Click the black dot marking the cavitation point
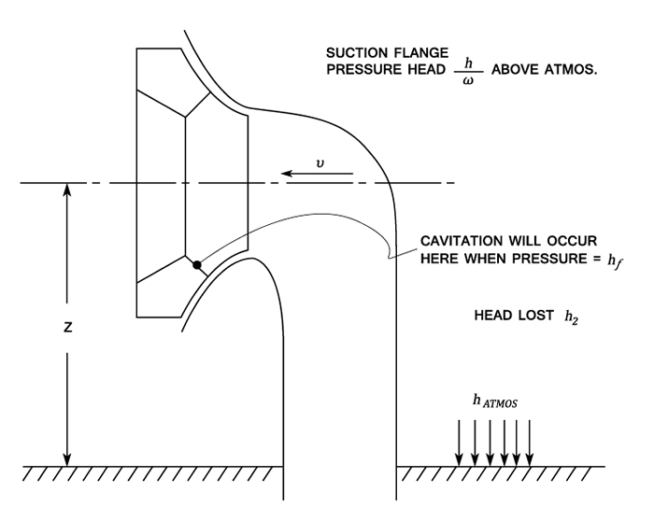pyautogui.click(x=197, y=265)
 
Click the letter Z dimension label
pyautogui.click(x=67, y=330)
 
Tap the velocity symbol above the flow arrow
pyautogui.click(x=320, y=161)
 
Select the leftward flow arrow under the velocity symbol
pyautogui.click(x=319, y=174)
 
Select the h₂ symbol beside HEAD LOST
pyautogui.click(x=571, y=316)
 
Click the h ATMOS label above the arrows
pyautogui.click(x=495, y=401)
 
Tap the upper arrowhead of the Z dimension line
pyautogui.click(x=65, y=189)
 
